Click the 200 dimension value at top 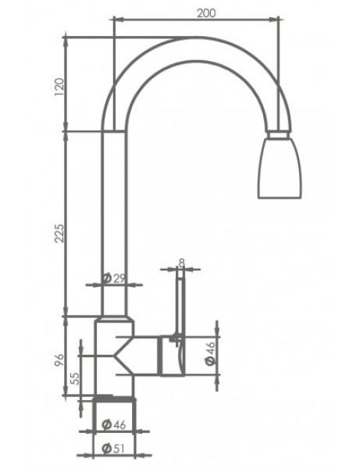(206, 13)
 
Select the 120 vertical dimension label (59, 87)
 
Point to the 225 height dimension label (59, 233)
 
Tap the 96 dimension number (59, 360)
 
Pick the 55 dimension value (76, 378)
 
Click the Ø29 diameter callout (113, 278)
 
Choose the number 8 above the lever (182, 263)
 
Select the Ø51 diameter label (113, 449)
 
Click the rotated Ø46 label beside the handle (210, 353)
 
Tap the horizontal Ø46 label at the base (113, 424)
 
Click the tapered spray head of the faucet (280, 168)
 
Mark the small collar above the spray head (279, 134)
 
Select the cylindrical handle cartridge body (172, 356)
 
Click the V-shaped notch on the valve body (123, 356)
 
